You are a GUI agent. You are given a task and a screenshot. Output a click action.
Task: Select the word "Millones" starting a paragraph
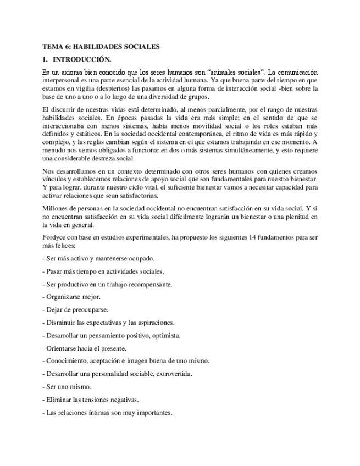(x=55, y=208)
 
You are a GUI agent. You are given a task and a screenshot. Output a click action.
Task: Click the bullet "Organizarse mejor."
(x=71, y=297)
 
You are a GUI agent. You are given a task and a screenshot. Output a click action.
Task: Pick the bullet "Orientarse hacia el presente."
(x=85, y=348)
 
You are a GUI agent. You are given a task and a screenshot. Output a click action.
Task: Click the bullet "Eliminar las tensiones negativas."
(x=90, y=400)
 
